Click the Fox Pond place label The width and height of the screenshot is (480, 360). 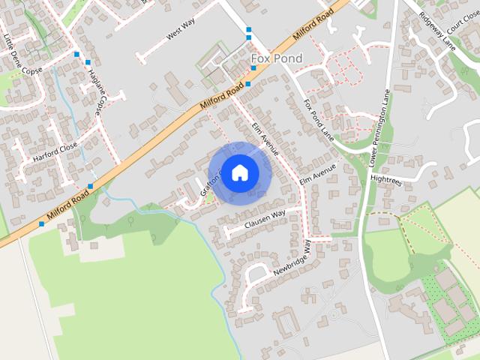(276, 58)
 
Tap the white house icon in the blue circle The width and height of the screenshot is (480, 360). (239, 172)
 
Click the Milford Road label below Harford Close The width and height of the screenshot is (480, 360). (68, 205)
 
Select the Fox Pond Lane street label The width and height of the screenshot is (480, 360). (318, 117)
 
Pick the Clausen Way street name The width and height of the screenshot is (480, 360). (265, 219)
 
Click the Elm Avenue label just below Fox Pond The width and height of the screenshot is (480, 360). (265, 139)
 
